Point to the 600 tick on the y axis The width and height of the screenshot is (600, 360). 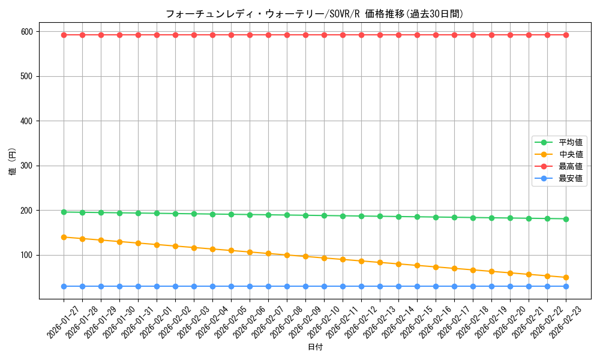pos(28,31)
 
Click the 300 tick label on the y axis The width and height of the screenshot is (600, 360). pos(28,166)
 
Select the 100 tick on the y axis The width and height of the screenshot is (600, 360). pos(28,255)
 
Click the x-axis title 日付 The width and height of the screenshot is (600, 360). pos(315,347)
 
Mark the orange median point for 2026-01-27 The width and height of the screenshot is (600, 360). pos(64,237)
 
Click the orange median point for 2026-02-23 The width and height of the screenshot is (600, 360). pos(566,277)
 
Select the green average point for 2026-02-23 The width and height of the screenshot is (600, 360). pos(566,219)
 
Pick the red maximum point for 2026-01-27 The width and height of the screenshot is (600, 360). pos(64,35)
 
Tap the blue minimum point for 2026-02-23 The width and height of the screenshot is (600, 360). pos(566,286)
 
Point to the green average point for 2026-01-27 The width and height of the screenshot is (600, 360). pos(64,212)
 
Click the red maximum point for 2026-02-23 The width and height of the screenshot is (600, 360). pos(566,35)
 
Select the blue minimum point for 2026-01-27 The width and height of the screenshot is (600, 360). pos(64,286)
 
